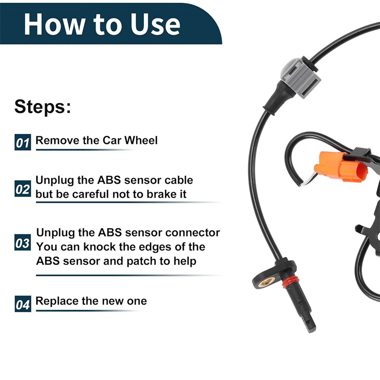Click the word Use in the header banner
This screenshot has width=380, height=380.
(155, 24)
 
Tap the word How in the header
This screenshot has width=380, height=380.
(55, 24)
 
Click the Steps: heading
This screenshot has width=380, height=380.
(43, 106)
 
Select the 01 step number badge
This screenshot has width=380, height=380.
(23, 142)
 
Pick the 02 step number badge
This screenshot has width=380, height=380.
(23, 189)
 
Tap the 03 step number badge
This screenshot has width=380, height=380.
(23, 242)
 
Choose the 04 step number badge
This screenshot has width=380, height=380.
(23, 304)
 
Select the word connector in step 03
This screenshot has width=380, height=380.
(193, 233)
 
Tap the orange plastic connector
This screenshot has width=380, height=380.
(341, 167)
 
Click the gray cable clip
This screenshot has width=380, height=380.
(301, 77)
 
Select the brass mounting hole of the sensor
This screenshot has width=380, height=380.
(266, 282)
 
